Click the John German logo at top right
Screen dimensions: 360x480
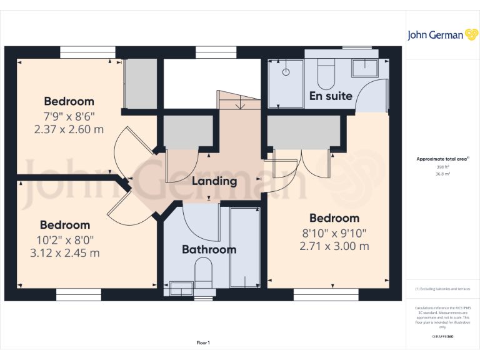443,35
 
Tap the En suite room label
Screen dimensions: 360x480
331,96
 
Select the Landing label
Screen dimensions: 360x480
214,181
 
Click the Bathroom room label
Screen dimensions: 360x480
209,249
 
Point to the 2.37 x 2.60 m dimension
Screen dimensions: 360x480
69,129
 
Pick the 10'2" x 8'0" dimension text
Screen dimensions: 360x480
65,240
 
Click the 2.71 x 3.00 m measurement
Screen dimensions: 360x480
334,246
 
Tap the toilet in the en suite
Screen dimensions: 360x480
326,75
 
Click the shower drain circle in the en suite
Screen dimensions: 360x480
286,72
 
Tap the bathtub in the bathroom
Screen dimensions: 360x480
244,249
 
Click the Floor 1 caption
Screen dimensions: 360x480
203,342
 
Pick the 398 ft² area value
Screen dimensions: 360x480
442,167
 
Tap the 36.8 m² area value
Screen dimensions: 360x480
442,174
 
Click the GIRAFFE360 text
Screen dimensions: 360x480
442,337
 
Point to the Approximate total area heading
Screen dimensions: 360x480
442,159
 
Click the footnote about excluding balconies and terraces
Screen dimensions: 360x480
442,289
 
